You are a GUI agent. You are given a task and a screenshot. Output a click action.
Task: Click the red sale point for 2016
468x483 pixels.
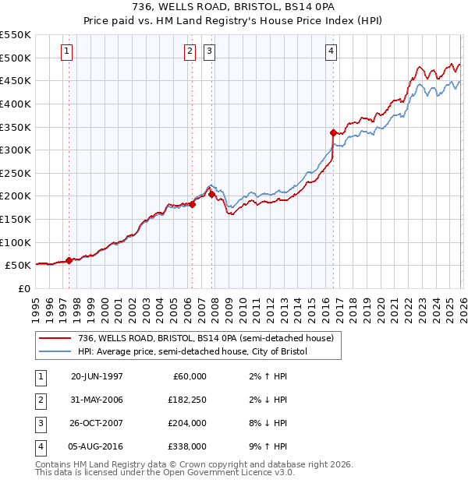333,132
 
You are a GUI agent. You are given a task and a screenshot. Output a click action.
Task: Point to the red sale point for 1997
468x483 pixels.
69,260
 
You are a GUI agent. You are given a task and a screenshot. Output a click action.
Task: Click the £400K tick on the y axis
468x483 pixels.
16,104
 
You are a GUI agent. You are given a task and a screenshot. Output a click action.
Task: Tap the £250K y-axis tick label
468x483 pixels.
16,173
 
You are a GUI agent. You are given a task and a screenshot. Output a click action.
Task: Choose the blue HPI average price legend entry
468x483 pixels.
193,351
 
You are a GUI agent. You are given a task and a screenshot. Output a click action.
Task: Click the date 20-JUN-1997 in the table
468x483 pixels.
97,376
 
